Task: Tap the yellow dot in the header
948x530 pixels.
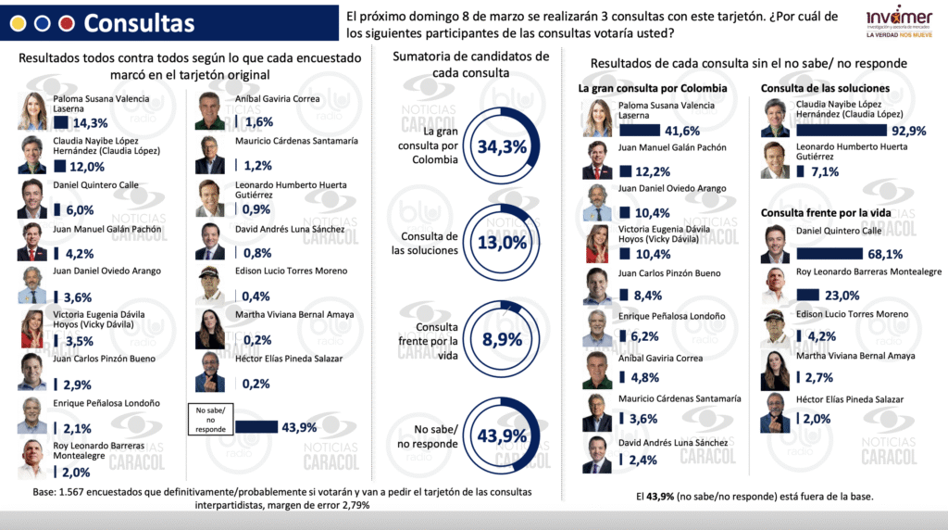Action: [18, 23]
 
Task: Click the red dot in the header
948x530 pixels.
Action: [66, 23]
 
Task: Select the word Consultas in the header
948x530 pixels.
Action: [139, 23]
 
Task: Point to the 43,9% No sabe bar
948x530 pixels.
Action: [256, 427]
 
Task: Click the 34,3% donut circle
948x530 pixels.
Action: [502, 146]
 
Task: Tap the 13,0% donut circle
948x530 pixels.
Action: [502, 243]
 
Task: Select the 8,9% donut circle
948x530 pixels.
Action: [502, 339]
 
